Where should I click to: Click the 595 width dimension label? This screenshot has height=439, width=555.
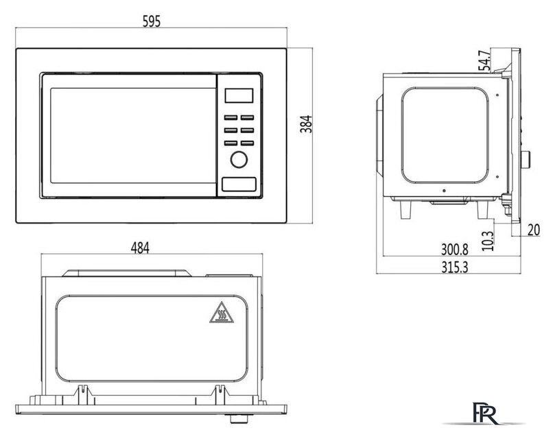[152, 21]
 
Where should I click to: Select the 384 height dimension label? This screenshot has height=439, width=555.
[306, 124]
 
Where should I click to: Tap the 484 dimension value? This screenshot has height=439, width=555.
[140, 248]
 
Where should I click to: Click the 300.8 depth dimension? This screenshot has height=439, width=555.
[454, 250]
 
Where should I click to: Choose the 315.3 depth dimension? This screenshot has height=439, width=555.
[454, 267]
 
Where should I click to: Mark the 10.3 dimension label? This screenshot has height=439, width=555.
[488, 241]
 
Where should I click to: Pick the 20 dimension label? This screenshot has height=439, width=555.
[534, 230]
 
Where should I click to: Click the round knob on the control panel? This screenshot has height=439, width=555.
[239, 160]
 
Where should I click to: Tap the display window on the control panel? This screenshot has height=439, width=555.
[239, 95]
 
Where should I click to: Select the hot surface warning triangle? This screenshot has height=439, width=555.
[222, 313]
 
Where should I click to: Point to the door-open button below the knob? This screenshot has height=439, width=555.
[239, 185]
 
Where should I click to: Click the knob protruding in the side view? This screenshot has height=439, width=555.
[526, 160]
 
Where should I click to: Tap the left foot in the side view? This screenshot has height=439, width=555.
[406, 209]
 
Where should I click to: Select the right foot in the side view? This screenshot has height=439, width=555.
[483, 209]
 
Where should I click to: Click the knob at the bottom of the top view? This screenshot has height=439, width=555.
[239, 419]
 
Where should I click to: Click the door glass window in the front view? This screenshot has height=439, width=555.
[133, 136]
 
